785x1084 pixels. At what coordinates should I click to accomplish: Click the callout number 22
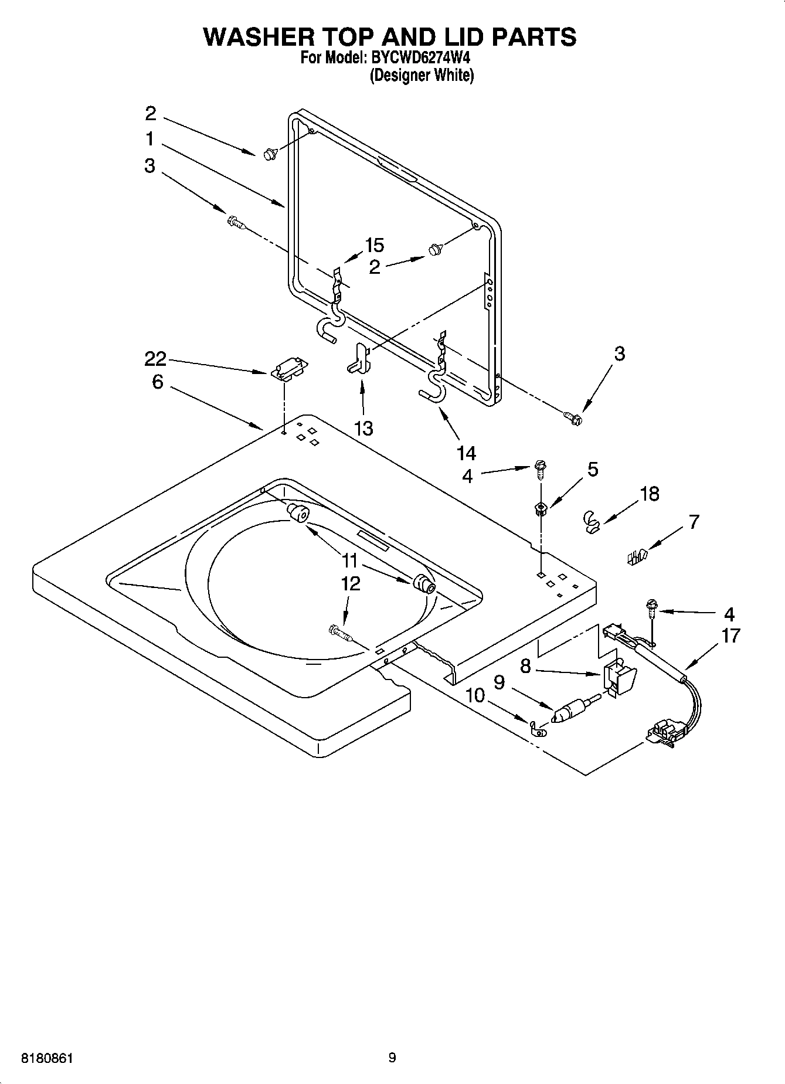click(x=155, y=358)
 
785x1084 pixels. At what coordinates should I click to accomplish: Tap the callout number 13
click(x=363, y=429)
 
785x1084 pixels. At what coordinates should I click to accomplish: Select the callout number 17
click(x=730, y=636)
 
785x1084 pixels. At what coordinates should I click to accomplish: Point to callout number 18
click(x=650, y=494)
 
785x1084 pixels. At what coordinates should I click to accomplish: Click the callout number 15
click(x=374, y=245)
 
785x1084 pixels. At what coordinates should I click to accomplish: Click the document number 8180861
click(x=47, y=1058)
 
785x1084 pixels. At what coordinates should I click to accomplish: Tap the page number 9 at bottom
click(x=392, y=1058)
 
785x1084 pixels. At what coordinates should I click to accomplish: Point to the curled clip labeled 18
click(x=593, y=521)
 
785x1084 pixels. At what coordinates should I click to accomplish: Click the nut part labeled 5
click(x=541, y=509)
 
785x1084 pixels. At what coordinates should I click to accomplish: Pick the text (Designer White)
click(x=421, y=75)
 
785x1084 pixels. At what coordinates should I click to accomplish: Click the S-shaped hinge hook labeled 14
click(x=434, y=387)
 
